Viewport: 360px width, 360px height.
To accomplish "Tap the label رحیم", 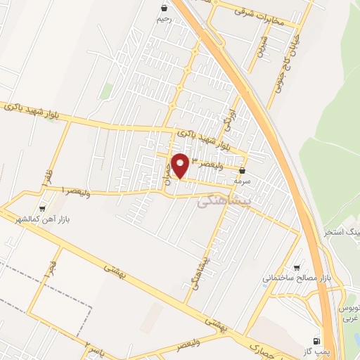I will (163, 20).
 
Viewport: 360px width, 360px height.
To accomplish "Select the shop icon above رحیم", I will (164, 8).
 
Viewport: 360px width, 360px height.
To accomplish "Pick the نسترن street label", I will (262, 51).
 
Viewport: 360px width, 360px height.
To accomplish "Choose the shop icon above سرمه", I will (243, 170).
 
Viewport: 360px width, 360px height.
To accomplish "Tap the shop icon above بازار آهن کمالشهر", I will (44, 209).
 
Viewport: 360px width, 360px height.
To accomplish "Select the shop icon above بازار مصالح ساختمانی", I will (297, 268).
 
